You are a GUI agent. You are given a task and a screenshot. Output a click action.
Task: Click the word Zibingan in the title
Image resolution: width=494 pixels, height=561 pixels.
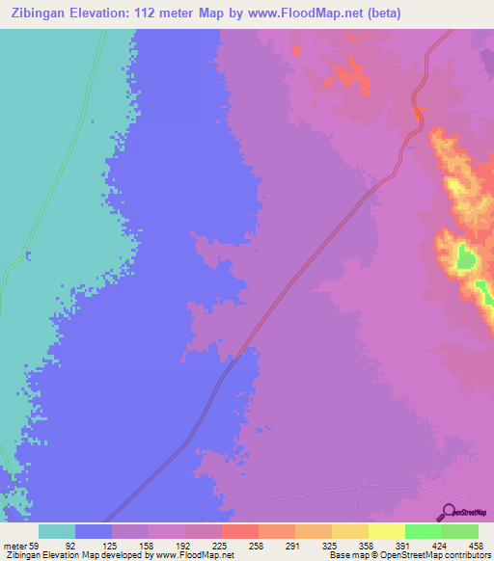(43, 13)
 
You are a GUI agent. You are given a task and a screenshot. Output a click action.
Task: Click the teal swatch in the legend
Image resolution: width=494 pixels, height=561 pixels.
(57, 531)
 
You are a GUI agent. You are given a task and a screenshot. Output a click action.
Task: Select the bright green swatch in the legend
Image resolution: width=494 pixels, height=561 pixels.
(424, 531)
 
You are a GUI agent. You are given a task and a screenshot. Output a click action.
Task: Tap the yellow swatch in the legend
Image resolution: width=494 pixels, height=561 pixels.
(387, 531)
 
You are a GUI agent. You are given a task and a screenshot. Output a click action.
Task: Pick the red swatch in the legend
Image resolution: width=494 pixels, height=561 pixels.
(240, 531)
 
